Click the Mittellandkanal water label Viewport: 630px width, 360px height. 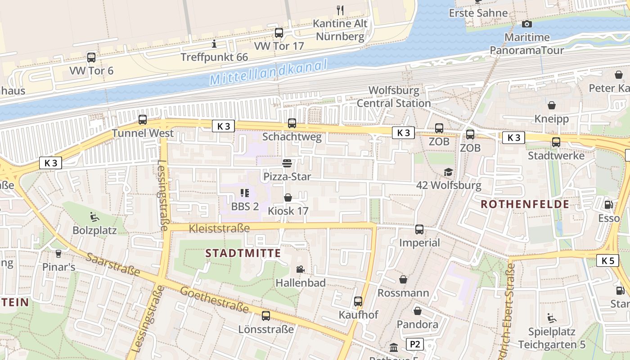coord(268,73)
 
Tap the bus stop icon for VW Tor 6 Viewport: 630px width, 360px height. coord(91,58)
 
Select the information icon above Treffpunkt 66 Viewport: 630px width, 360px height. coord(214,44)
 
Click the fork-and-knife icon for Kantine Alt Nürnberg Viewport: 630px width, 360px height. coord(340,10)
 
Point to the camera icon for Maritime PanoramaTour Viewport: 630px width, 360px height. coord(526,24)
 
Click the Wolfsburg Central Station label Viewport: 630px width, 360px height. coord(394,97)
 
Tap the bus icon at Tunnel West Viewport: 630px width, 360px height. coord(143,120)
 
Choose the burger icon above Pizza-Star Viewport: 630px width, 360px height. coord(287,163)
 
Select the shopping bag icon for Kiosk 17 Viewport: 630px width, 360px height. coord(288,198)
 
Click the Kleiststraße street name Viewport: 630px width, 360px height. coord(219,229)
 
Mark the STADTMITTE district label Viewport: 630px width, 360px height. coord(243,253)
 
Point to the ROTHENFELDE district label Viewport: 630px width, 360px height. coord(525,204)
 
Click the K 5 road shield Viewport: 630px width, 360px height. coord(607,260)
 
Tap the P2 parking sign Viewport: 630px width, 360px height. coord(414,345)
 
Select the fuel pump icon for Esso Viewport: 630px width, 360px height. coord(608,204)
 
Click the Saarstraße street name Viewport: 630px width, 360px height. coord(113,264)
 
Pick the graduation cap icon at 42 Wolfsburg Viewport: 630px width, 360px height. coord(448,172)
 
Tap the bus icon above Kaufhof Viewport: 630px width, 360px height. coord(358,301)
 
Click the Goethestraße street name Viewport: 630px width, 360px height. coord(215,299)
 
